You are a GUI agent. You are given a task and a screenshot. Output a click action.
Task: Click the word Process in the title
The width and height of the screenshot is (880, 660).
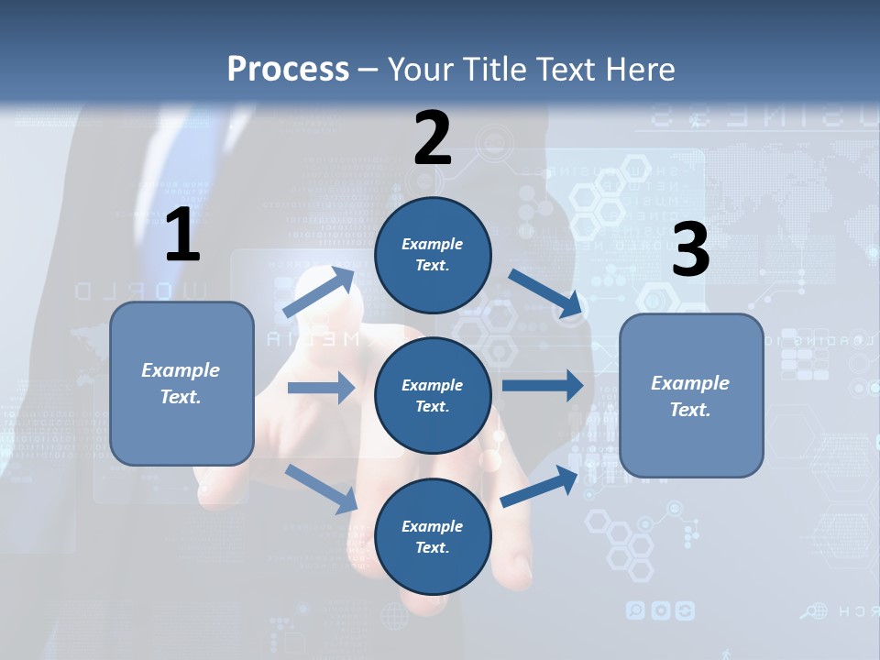(288, 69)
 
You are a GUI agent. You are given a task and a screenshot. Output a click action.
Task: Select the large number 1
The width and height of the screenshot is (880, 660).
(182, 236)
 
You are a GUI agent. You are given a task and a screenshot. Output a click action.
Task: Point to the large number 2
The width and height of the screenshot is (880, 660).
(433, 138)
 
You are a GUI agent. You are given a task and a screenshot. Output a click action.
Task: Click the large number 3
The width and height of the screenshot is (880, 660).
(690, 249)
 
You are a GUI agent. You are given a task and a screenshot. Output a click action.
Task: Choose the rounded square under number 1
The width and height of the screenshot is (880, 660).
(181, 383)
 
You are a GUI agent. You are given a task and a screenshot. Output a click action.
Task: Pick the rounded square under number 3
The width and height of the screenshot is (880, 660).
(691, 396)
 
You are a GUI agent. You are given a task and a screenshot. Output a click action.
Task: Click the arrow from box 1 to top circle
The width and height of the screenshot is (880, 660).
(320, 291)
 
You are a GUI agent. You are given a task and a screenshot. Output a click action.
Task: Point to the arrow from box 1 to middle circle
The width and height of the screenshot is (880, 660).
(321, 388)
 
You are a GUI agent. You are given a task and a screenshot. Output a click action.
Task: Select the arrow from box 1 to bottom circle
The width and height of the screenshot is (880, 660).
(322, 489)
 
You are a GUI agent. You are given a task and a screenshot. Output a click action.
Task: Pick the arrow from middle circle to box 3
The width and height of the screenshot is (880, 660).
(543, 385)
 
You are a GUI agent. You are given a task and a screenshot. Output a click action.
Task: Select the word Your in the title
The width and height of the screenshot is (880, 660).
(419, 69)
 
